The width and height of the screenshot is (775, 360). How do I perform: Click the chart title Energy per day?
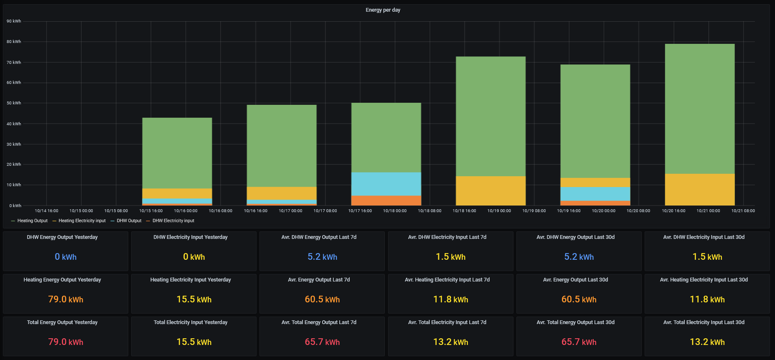[383, 10]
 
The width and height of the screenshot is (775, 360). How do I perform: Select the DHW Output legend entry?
[129, 221]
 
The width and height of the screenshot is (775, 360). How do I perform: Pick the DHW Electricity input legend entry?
[173, 221]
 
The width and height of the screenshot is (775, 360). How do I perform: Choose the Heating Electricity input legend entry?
[82, 221]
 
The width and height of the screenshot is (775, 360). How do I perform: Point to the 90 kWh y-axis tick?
[14, 21]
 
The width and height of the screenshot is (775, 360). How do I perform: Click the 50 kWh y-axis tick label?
[14, 103]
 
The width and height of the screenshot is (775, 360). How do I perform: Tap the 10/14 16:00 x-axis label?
[46, 211]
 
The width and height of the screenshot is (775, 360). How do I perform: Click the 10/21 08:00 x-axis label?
[743, 211]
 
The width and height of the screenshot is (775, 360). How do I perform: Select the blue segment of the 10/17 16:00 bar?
[386, 184]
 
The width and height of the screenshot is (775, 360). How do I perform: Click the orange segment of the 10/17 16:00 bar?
[386, 200]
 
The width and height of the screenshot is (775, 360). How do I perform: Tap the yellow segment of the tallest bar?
[699, 189]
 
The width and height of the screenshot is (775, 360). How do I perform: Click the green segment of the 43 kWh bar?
[177, 153]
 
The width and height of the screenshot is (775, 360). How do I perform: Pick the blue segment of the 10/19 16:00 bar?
[595, 194]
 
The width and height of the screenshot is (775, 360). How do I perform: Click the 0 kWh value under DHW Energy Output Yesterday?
[66, 257]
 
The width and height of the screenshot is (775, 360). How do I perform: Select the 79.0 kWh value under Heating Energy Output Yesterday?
[66, 299]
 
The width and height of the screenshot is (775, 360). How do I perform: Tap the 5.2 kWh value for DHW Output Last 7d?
[322, 257]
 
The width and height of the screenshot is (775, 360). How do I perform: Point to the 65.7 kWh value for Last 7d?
[322, 342]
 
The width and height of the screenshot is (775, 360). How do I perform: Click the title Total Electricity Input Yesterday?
[191, 322]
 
